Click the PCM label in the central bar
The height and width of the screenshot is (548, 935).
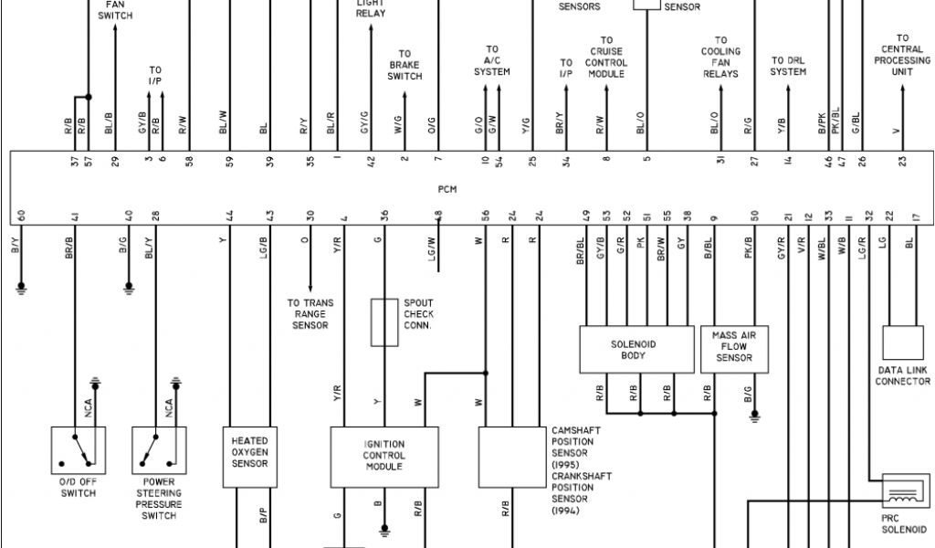pos(446,190)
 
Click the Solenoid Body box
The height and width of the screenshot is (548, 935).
pos(633,350)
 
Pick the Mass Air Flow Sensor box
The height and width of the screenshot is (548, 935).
pos(734,347)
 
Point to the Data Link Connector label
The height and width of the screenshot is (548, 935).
pos(902,376)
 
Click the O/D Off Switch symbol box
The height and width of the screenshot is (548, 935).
pos(79,450)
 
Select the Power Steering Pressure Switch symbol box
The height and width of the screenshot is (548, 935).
pos(159,450)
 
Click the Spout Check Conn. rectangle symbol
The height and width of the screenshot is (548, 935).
pos(383,321)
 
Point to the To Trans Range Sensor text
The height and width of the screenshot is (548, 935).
pos(310,314)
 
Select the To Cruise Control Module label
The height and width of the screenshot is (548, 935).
pos(606,57)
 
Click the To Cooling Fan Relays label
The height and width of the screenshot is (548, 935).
pos(720,57)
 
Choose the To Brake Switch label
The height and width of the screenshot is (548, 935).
pos(404,66)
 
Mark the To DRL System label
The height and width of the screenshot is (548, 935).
pos(788,66)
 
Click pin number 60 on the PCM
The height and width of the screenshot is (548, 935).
pos(20,217)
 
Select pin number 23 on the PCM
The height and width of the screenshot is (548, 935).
pos(901,162)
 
